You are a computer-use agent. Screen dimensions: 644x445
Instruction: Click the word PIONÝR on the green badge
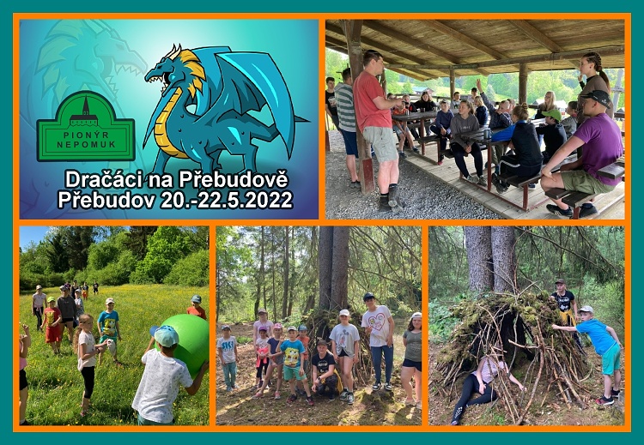tap(86, 135)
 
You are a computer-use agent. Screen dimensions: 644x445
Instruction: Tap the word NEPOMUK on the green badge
tap(86, 145)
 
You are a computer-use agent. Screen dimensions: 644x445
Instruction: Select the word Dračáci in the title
tap(105, 180)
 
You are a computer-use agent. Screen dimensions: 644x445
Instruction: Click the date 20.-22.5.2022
tap(226, 201)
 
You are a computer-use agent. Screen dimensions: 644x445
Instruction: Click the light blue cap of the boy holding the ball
tap(165, 335)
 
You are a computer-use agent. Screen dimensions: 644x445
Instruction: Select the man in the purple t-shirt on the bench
tap(585, 155)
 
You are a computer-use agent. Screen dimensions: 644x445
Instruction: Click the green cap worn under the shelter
tap(552, 114)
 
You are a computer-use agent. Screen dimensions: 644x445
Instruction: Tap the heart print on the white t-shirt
tap(378, 322)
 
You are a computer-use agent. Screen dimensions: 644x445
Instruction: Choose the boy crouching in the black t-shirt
tap(325, 370)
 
